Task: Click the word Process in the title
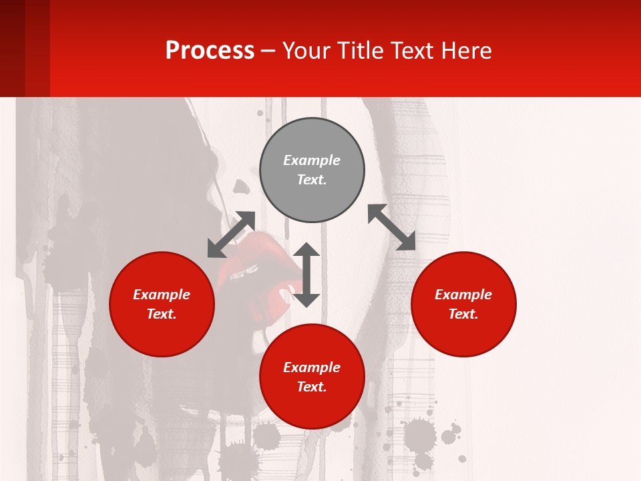(x=210, y=51)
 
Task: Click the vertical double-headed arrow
(x=306, y=275)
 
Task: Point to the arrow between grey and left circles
(x=231, y=234)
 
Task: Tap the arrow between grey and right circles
(x=391, y=227)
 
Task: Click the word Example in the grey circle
(x=312, y=160)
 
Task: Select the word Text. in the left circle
(x=162, y=314)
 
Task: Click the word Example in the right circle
(x=463, y=295)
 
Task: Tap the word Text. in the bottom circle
(x=312, y=387)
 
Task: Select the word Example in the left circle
(x=162, y=295)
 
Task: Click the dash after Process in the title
(x=268, y=51)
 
